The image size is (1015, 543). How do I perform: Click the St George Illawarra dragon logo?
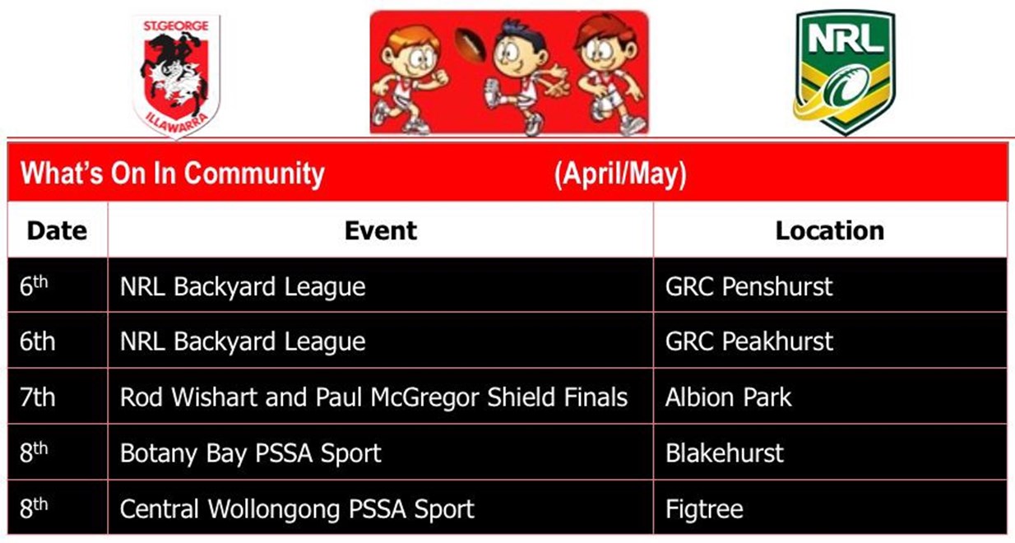coord(176,76)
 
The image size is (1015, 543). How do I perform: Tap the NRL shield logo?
coord(845,72)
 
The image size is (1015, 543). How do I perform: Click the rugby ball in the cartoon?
coord(470,44)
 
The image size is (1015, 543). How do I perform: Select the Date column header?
coord(57,230)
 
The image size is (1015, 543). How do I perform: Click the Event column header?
coord(381,230)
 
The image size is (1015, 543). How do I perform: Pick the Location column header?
coord(830,230)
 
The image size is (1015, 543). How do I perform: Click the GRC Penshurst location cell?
coord(749,286)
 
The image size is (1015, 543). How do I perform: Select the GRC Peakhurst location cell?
coord(749,341)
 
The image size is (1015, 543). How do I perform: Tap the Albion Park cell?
coord(728,397)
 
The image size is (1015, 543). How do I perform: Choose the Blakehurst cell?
coord(725,452)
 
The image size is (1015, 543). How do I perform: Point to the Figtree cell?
coord(704,508)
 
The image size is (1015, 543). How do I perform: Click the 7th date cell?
coord(37,397)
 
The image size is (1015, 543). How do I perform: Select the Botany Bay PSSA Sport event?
coord(251,452)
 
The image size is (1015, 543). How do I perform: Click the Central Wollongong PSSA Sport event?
coord(297,508)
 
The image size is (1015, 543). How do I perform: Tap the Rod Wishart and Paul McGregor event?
coord(373,397)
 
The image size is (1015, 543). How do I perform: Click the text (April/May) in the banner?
coord(620,174)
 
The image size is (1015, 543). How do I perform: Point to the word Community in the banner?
coord(253,174)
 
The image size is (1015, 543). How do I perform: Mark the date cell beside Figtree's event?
coord(34,508)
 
